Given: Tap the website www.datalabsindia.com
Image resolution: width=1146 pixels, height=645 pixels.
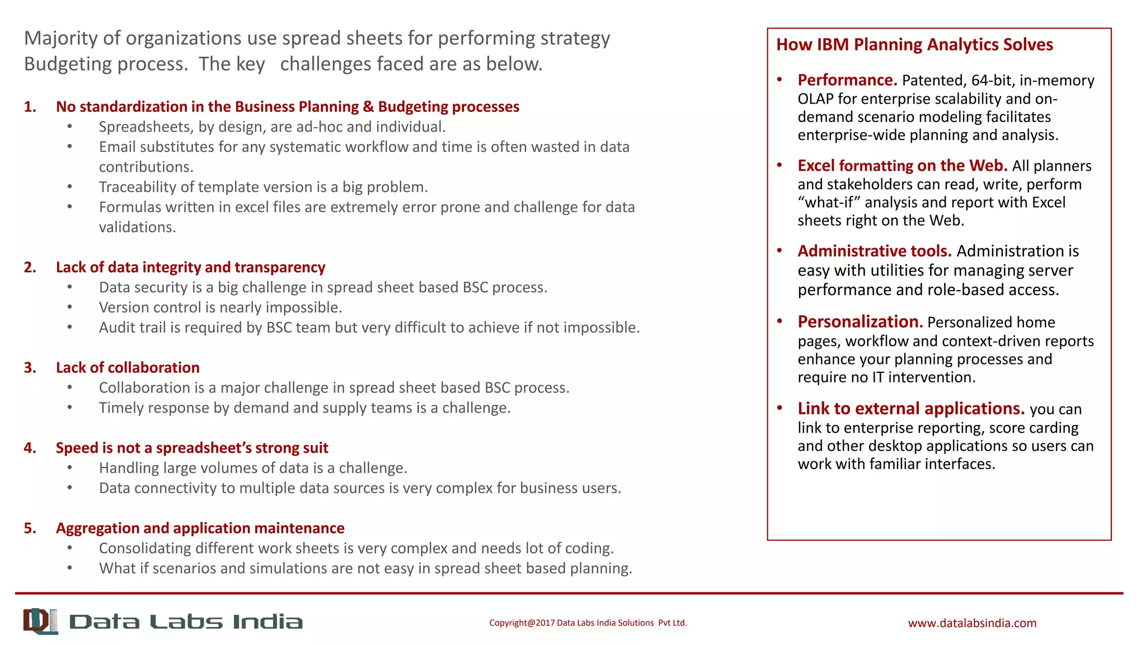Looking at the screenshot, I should (x=972, y=623).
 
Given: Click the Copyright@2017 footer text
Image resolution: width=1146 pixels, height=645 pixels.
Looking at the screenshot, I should (x=588, y=623).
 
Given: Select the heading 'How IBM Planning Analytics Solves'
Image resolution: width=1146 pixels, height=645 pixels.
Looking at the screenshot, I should (x=914, y=45).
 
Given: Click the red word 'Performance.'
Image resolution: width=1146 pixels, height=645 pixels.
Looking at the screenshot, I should (x=847, y=80).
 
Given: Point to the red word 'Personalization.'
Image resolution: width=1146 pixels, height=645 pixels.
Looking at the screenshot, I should (x=860, y=322).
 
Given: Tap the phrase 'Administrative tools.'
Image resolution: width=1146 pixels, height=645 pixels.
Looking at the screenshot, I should (x=875, y=251).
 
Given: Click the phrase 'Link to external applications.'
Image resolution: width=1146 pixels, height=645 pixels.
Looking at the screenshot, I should (x=911, y=409).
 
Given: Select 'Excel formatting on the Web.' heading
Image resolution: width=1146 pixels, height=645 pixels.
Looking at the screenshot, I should (x=902, y=166).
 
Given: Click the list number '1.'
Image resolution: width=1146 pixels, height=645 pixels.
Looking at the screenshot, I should (x=30, y=107).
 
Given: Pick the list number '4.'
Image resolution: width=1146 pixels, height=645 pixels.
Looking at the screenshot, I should (x=30, y=448).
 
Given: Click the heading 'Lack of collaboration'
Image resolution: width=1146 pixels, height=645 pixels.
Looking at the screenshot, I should (x=128, y=368).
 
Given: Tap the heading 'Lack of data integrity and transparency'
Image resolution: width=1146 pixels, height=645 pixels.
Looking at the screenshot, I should (x=190, y=268).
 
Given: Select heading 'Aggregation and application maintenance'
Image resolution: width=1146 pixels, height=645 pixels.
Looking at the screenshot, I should (x=200, y=529).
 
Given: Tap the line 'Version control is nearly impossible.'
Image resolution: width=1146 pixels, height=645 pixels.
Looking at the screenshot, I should (x=220, y=307).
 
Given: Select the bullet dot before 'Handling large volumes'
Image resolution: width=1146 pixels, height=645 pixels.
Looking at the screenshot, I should (x=70, y=468).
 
